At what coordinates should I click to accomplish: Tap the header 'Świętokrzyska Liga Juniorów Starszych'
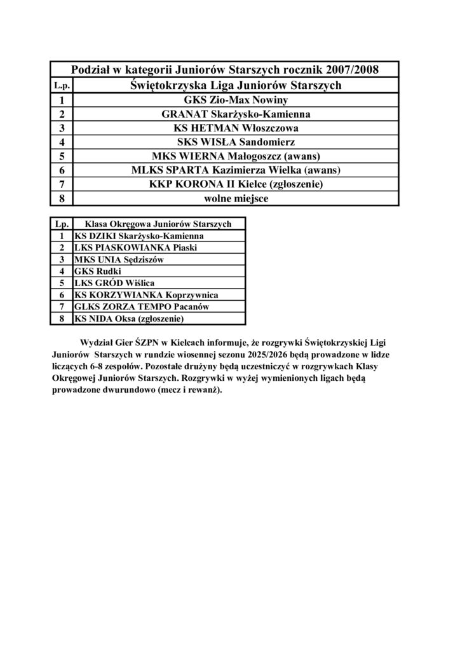[235, 85]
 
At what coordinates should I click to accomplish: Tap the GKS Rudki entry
[93, 271]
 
